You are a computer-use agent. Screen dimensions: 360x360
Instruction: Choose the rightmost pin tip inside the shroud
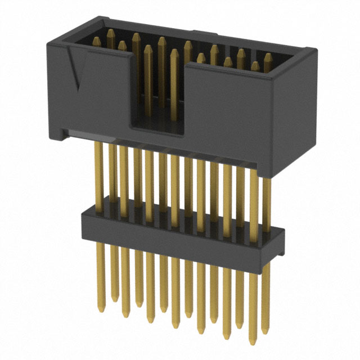(x=268, y=56)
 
